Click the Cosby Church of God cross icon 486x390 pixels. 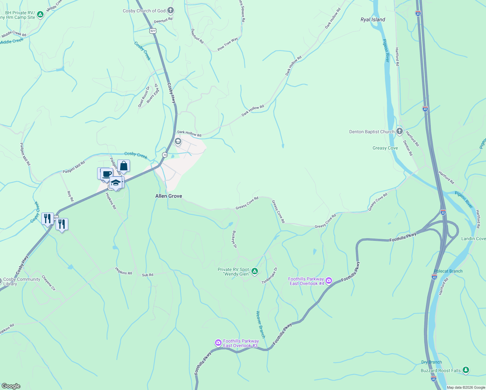tap(171, 11)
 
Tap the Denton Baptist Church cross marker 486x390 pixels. tap(400, 132)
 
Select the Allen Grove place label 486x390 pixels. tap(169, 196)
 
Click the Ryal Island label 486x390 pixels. tap(373, 19)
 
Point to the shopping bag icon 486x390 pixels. tap(123, 166)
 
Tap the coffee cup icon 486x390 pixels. tap(107, 174)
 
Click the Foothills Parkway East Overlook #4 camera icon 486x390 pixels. tap(329, 280)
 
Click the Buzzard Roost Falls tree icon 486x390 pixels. tap(466, 370)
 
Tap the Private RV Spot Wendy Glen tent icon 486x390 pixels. tap(255, 271)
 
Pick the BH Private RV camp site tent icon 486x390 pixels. tap(40, 14)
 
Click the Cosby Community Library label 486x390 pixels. tap(21, 281)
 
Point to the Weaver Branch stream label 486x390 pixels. tap(261, 324)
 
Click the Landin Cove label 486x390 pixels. tap(473, 239)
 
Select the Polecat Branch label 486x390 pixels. tap(448, 271)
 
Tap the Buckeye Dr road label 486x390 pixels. tap(234, 240)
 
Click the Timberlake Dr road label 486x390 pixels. tap(270, 276)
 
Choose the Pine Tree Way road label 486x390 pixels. tap(227, 44)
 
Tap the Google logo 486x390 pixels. tap(11, 386)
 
